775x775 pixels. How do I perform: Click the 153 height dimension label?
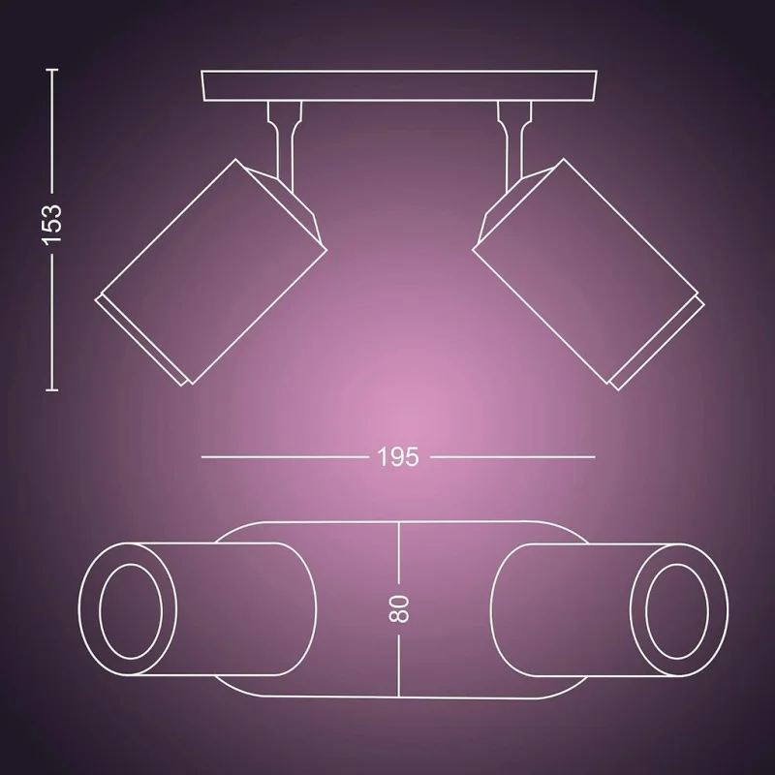click(51, 225)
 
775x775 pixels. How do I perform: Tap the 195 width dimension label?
click(398, 457)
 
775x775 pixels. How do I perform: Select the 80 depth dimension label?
click(399, 609)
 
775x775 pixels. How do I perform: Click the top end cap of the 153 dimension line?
click(52, 70)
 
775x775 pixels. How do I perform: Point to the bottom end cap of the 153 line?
click(52, 390)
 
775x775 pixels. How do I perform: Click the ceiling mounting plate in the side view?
click(399, 86)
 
